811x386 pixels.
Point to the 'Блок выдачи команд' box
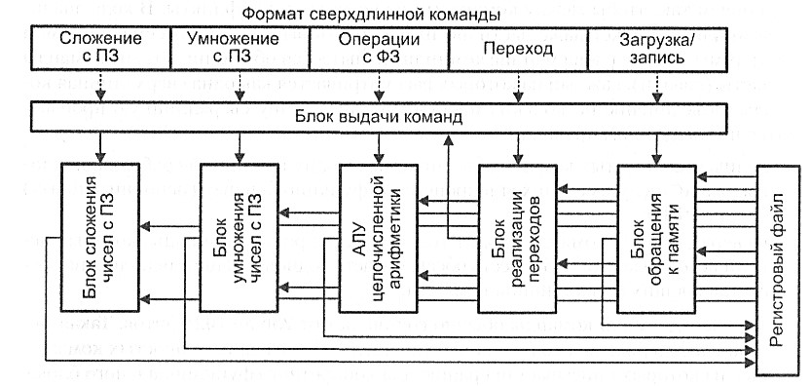tap(379, 117)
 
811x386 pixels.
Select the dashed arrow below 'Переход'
tap(517, 86)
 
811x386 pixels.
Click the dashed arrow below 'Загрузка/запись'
tap(655, 86)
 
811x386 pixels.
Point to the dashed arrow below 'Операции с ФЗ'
tap(379, 86)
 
